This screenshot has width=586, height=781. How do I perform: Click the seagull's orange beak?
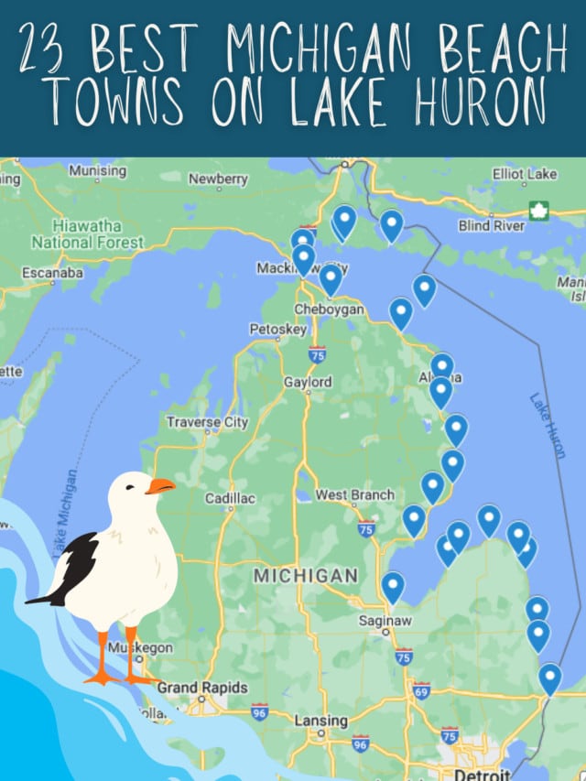click(x=161, y=486)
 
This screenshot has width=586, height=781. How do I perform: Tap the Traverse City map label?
click(x=207, y=422)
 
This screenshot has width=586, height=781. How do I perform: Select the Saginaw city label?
click(x=385, y=621)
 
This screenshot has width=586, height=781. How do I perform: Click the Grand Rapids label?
click(x=201, y=688)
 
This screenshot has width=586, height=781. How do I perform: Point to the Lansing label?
click(x=320, y=721)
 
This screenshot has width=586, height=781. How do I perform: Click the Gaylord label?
click(x=308, y=382)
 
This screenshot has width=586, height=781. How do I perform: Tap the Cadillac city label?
click(x=230, y=498)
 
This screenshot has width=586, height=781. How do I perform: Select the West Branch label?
click(x=355, y=495)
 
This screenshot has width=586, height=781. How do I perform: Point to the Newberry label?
click(x=218, y=179)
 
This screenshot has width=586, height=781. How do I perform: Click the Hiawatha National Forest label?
click(x=88, y=234)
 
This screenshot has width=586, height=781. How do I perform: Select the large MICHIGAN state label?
click(x=305, y=576)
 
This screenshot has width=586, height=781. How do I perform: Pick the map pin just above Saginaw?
click(x=393, y=586)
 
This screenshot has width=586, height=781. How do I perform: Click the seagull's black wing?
click(x=75, y=568)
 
